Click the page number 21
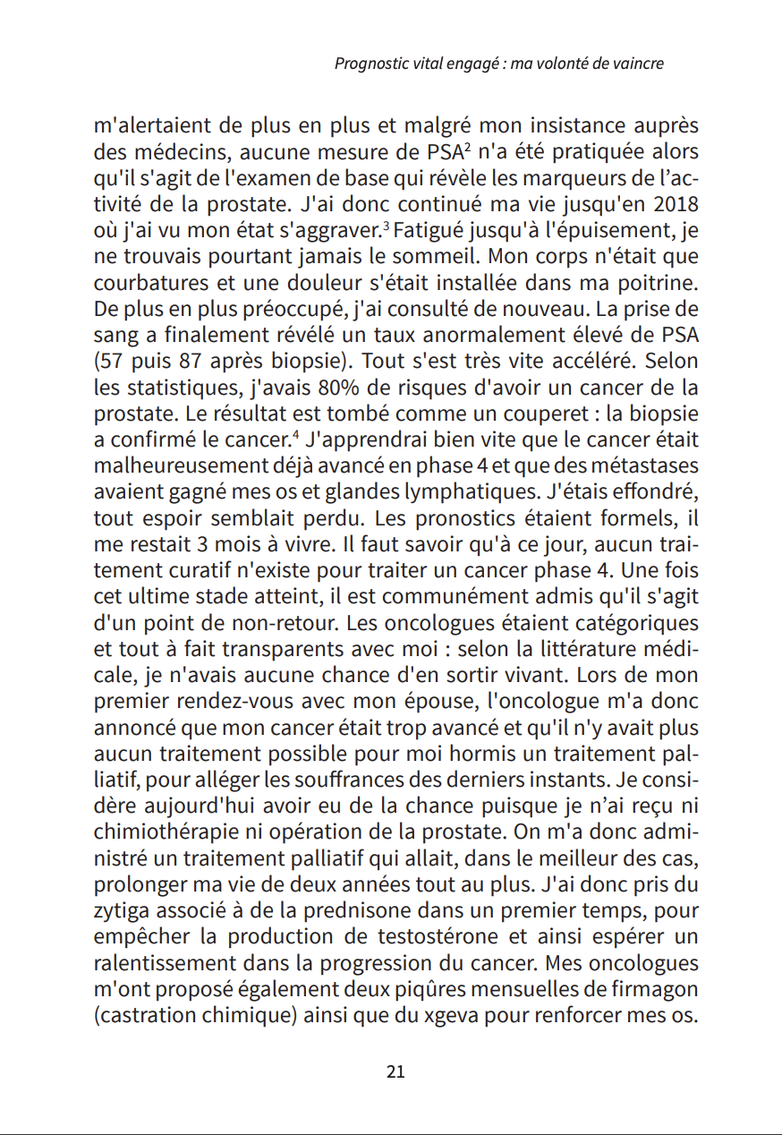point(395,1071)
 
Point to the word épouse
point(478,678)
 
